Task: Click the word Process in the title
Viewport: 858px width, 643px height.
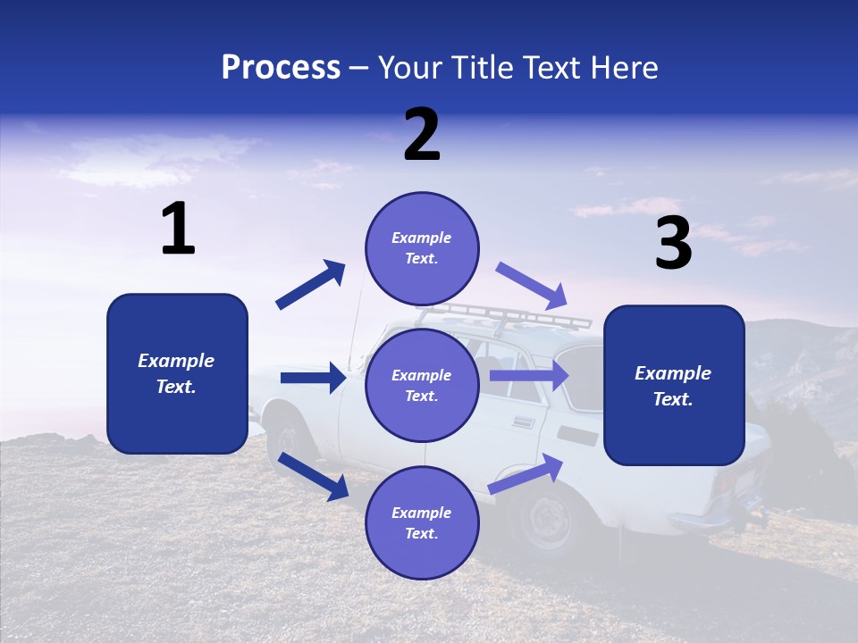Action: (281, 68)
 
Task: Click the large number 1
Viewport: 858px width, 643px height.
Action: (178, 229)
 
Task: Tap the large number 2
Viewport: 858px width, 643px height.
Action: (422, 134)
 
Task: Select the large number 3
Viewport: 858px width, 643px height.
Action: (673, 243)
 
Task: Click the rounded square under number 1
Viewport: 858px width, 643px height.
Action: (177, 373)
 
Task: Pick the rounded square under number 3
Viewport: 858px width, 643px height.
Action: (674, 386)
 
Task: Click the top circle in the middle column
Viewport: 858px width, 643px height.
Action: (422, 248)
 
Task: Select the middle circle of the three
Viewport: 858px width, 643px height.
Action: (422, 385)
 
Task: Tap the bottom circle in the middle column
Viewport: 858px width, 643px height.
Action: (422, 522)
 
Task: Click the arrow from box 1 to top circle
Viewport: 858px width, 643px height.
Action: (311, 285)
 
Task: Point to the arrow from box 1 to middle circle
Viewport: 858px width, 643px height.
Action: (313, 378)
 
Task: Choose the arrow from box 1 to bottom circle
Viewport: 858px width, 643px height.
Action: (314, 476)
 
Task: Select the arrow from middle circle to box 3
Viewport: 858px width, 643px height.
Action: (529, 375)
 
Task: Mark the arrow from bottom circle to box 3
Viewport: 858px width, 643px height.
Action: (526, 474)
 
